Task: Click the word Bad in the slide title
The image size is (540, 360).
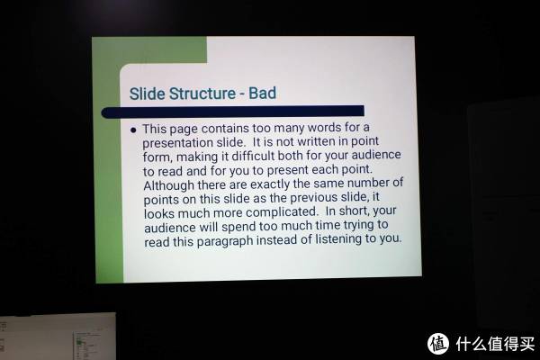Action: click(x=262, y=93)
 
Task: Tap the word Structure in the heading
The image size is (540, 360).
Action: click(x=202, y=94)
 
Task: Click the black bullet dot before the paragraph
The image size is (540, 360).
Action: click(x=133, y=130)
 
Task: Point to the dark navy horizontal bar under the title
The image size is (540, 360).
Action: click(x=233, y=112)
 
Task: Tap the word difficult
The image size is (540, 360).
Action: click(x=253, y=156)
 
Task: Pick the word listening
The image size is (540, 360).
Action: click(x=338, y=238)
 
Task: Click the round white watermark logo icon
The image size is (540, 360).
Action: click(x=438, y=343)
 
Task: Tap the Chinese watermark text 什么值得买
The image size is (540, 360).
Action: click(x=495, y=343)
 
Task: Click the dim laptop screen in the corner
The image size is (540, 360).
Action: click(x=58, y=337)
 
